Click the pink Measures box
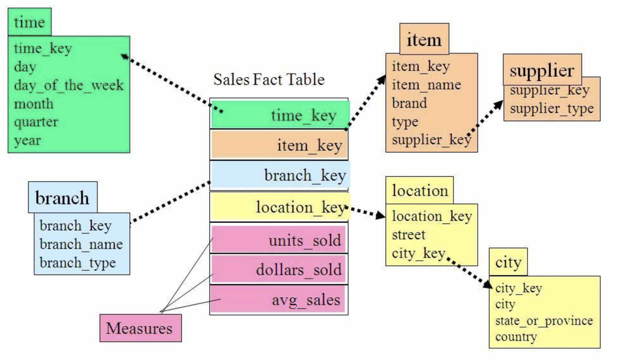(140, 328)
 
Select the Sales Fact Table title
(269, 79)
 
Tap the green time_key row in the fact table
(280, 115)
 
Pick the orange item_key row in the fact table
(279, 145)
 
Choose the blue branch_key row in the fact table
(280, 175)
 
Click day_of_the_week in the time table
(69, 85)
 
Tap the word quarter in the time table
(36, 122)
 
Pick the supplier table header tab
(542, 70)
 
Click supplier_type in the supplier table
(552, 109)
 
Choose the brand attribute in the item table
(409, 103)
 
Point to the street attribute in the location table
(408, 235)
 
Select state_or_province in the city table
(544, 321)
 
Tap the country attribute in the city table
(516, 337)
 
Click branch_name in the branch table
(81, 244)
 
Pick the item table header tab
(424, 40)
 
